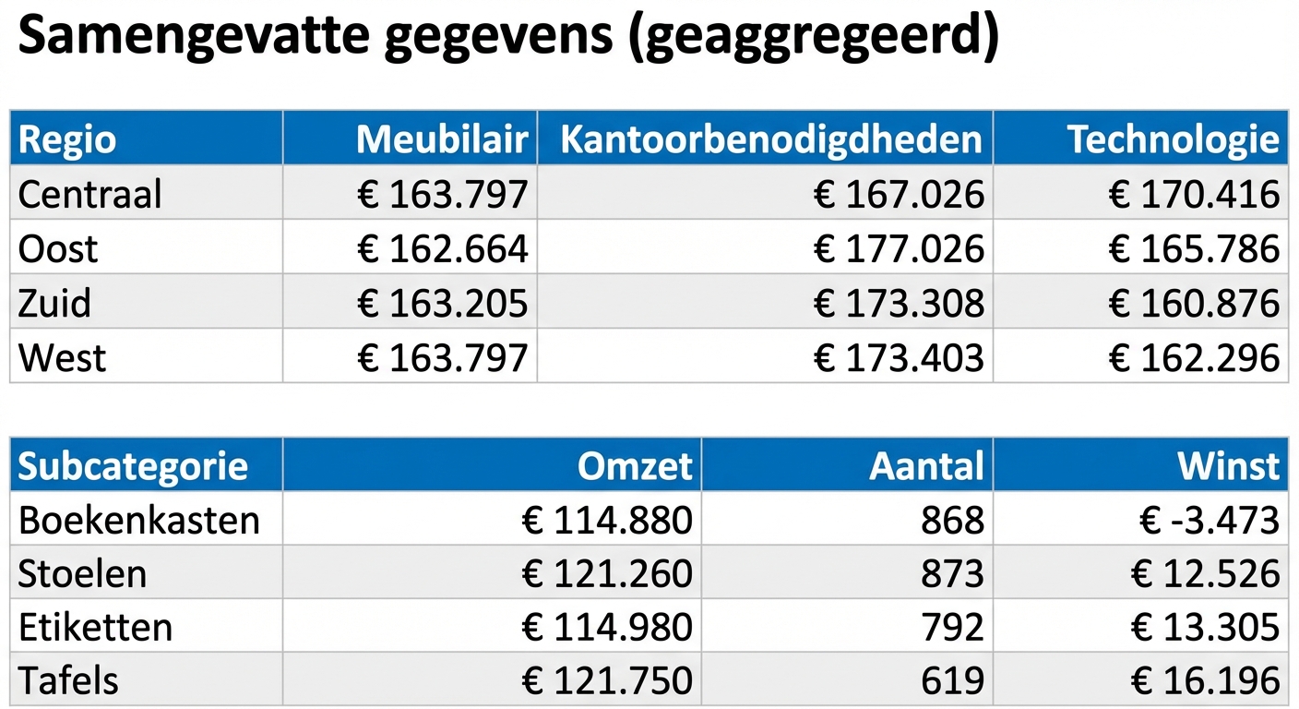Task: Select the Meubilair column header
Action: pos(442,139)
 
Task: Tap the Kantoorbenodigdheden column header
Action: pos(771,139)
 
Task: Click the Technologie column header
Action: pos(1174,139)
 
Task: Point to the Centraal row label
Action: pos(89,194)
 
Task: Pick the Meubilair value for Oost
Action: pos(442,248)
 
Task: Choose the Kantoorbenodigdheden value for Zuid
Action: pos(898,303)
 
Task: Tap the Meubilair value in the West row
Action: pos(442,357)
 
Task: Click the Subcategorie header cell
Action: pos(133,466)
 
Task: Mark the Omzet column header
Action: pos(635,466)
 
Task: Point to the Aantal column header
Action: pos(926,466)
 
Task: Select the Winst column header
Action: pos(1229,466)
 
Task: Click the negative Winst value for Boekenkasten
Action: pos(1209,521)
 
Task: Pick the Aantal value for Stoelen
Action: pos(952,574)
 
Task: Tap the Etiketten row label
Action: pos(95,628)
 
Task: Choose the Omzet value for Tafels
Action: pos(606,681)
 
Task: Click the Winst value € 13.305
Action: pos(1204,628)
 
